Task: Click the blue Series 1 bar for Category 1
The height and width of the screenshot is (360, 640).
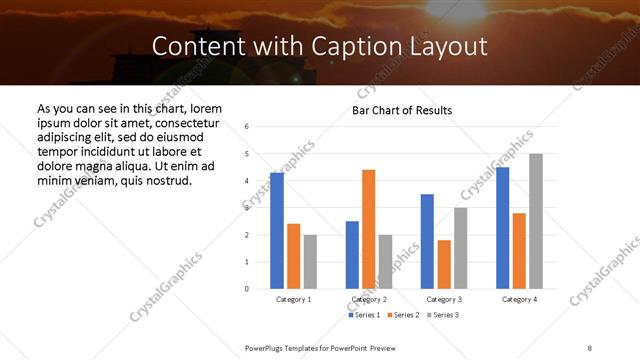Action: tap(276, 231)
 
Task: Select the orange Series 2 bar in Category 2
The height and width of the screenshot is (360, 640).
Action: tap(368, 229)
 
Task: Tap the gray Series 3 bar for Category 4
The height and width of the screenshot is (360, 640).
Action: tap(536, 221)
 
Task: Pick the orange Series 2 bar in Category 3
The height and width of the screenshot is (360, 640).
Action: tap(444, 264)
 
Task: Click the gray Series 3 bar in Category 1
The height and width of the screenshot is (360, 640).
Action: tap(310, 262)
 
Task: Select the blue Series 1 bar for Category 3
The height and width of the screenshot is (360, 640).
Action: tap(427, 241)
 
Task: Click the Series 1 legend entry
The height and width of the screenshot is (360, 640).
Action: tap(364, 315)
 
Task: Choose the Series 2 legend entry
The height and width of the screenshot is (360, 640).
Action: tap(403, 315)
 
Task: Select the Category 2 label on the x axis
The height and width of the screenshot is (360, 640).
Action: tap(369, 299)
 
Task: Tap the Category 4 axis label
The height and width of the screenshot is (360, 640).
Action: tap(520, 299)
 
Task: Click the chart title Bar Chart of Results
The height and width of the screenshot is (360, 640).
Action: tap(402, 110)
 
